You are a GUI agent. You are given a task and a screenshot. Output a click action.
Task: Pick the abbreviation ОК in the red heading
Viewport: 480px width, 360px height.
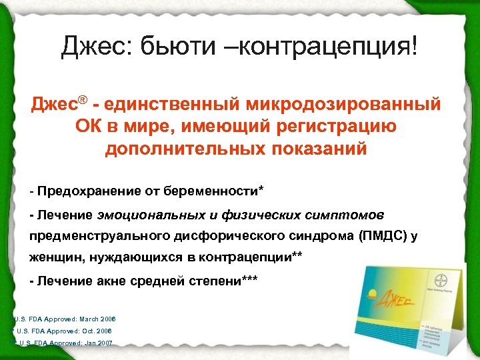coord(91,126)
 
